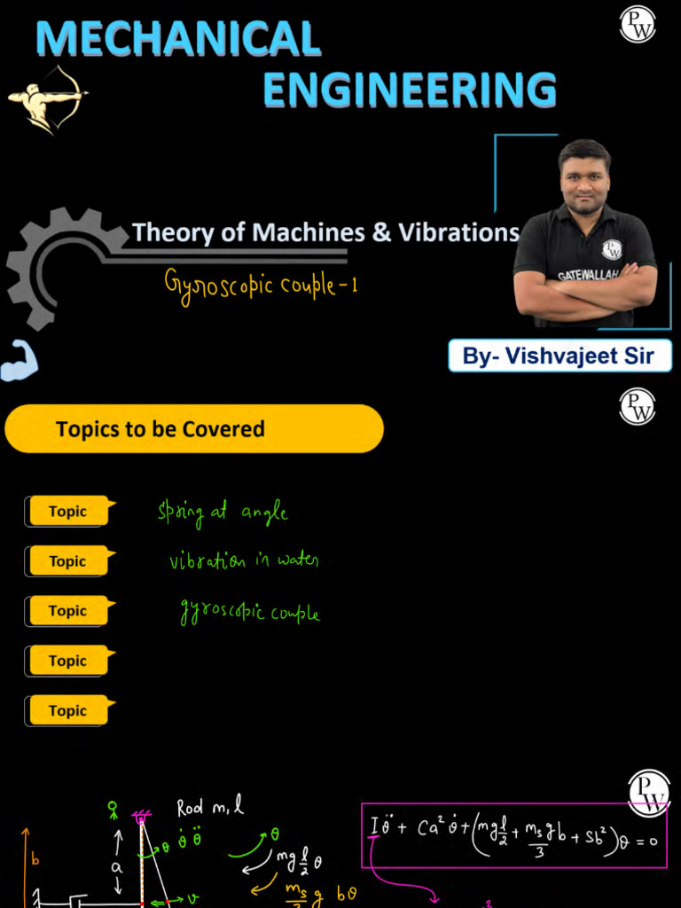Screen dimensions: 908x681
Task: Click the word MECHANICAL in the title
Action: click(178, 38)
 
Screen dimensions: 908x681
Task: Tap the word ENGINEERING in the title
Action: click(410, 90)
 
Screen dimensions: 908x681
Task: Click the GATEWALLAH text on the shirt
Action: click(587, 275)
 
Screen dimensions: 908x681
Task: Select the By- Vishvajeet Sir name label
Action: click(559, 356)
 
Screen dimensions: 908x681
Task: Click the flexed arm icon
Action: click(19, 362)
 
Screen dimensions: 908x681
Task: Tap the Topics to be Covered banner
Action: click(194, 429)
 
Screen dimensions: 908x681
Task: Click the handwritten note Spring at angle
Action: click(223, 513)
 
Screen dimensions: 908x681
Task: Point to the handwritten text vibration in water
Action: click(244, 561)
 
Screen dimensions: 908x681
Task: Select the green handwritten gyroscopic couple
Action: click(249, 613)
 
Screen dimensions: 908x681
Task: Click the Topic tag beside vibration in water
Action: click(68, 561)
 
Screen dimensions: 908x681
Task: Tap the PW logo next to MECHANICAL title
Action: click(637, 24)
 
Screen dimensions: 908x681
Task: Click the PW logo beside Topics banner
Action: click(637, 406)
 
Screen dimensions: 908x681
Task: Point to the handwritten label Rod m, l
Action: click(209, 808)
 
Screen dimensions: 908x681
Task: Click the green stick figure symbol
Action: click(113, 809)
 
